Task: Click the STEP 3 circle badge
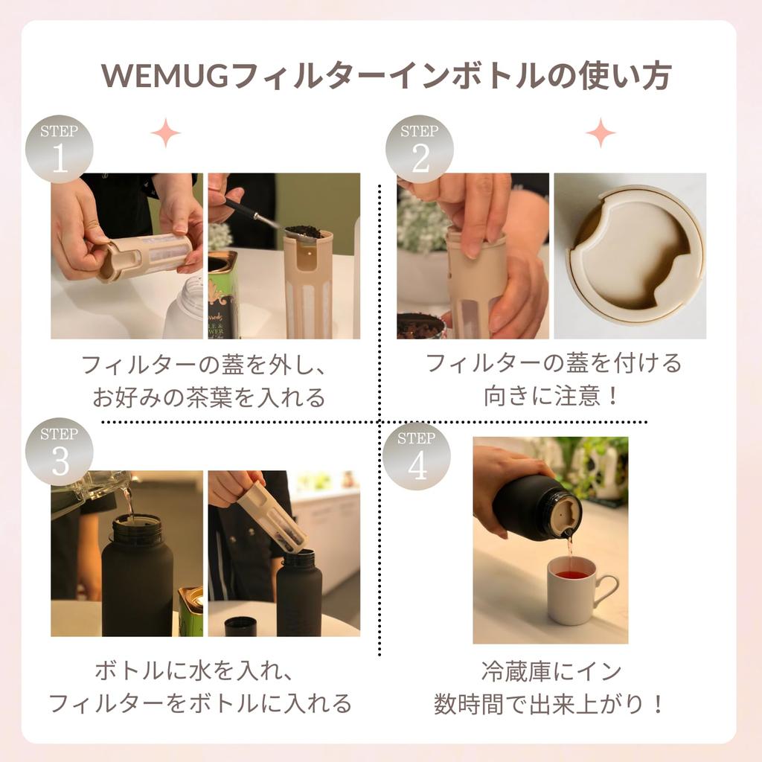[60, 452]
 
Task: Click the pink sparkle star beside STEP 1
[165, 133]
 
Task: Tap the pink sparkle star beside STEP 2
[600, 133]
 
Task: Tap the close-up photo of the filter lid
[630, 256]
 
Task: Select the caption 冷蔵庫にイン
[551, 671]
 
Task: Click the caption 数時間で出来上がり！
[551, 704]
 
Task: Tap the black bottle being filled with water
[137, 577]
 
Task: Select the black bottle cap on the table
[240, 627]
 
